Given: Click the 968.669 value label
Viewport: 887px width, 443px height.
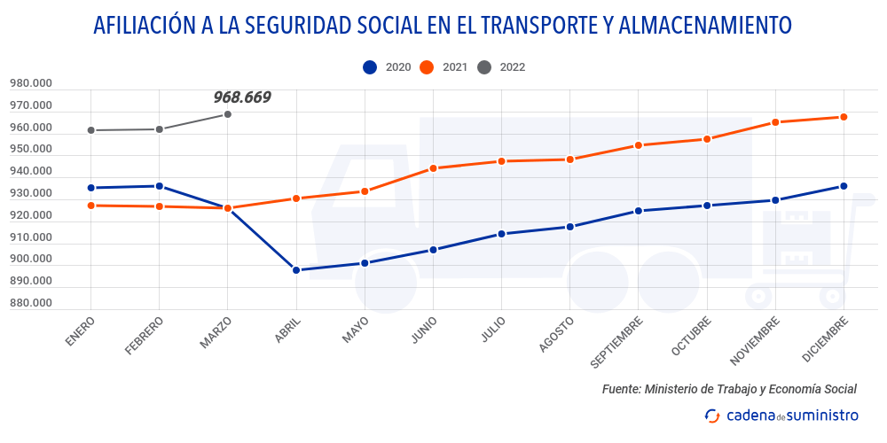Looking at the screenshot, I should pyautogui.click(x=242, y=97).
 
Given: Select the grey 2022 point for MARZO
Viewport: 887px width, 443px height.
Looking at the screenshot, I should pyautogui.click(x=228, y=114).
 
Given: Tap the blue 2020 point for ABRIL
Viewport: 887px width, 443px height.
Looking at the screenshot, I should pyautogui.click(x=296, y=270).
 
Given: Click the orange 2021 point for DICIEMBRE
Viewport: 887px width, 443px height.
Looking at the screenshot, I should pyautogui.click(x=844, y=117).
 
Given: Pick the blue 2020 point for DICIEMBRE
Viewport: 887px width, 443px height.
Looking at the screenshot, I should pyautogui.click(x=844, y=186).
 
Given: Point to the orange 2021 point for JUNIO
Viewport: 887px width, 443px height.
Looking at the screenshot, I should pyautogui.click(x=433, y=168).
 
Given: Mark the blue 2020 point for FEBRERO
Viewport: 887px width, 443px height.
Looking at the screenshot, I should pyautogui.click(x=159, y=186).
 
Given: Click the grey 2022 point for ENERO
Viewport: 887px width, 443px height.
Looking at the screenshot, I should pyautogui.click(x=90, y=130).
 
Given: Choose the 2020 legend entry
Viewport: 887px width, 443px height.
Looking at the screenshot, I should pyautogui.click(x=387, y=66).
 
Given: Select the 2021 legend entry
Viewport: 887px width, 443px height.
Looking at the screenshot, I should pyautogui.click(x=443, y=66).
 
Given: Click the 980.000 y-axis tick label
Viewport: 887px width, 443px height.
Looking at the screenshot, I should pyautogui.click(x=31, y=84).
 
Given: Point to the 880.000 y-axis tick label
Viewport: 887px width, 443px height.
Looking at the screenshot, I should pyautogui.click(x=31, y=303).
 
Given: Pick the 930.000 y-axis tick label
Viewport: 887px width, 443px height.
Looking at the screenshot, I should pyautogui.click(x=31, y=193).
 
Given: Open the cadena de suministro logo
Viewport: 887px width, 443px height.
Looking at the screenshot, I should pyautogui.click(x=781, y=415).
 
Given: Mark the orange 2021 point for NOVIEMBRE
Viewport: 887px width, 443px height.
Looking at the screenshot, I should pyautogui.click(x=775, y=122).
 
